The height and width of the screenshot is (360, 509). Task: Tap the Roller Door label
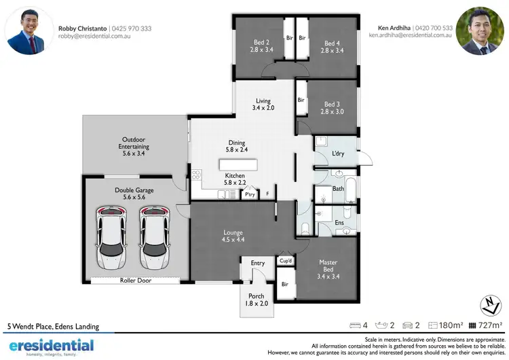pos(135,280)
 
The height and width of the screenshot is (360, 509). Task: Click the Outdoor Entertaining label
pos(133,147)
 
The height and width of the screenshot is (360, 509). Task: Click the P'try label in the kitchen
pos(250,195)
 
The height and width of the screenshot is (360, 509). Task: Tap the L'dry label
pos(339,154)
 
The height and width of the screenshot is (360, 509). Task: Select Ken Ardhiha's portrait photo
pos(480,30)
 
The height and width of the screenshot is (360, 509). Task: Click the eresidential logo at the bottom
pos(51,346)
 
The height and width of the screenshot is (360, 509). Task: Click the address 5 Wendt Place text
pos(52,327)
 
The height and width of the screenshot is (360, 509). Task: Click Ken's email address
pos(411,35)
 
